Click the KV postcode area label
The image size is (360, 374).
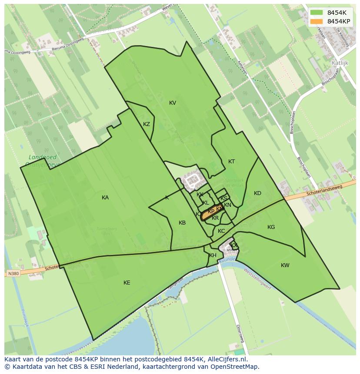[x=173, y=103]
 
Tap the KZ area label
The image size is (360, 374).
[x=147, y=124]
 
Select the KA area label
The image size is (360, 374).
[x=105, y=198]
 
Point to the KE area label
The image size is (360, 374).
[x=127, y=283]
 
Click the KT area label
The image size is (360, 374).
[x=232, y=162]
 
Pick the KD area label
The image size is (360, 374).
[x=257, y=193]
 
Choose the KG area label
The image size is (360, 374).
[x=271, y=227]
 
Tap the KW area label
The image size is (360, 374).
[x=285, y=265]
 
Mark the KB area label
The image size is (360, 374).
[x=182, y=223]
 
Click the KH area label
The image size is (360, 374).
[x=213, y=255]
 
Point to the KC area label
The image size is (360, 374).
[x=221, y=231]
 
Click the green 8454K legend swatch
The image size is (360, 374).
[x=317, y=13]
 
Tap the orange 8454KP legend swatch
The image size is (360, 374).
[x=317, y=21]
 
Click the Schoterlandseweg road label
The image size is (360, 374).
[x=324, y=190]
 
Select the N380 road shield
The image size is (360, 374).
[x=13, y=274]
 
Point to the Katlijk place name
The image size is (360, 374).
[x=340, y=63]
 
